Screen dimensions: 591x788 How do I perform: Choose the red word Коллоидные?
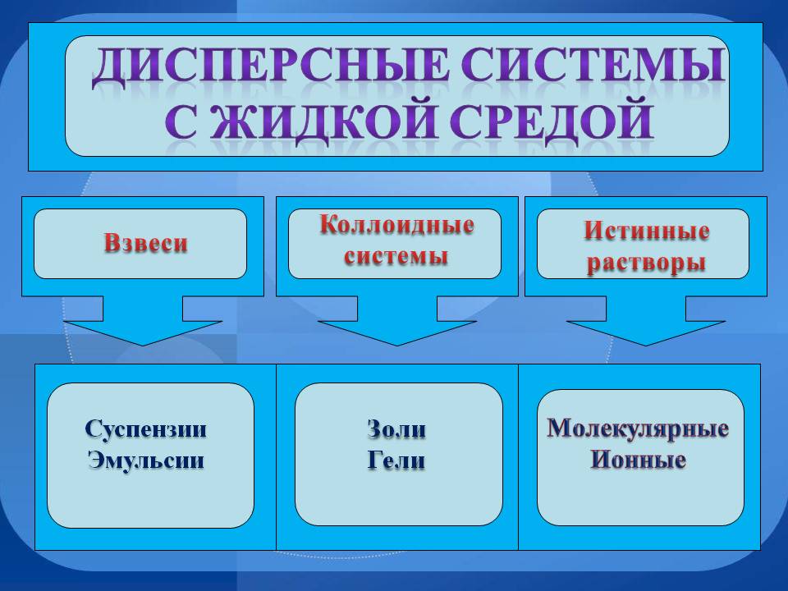(396, 225)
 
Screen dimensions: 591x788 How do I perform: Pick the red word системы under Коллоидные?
(396, 255)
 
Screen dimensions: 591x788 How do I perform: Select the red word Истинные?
(646, 231)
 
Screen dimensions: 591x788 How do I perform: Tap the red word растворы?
(647, 263)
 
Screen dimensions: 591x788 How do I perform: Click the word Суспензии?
(146, 429)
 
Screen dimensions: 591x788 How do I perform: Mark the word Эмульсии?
(146, 460)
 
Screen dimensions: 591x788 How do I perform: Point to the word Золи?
(396, 430)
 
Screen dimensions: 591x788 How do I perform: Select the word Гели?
(396, 460)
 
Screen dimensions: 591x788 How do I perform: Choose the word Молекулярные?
(638, 428)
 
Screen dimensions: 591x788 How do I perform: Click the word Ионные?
(638, 460)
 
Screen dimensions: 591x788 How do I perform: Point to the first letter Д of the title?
(110, 70)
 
